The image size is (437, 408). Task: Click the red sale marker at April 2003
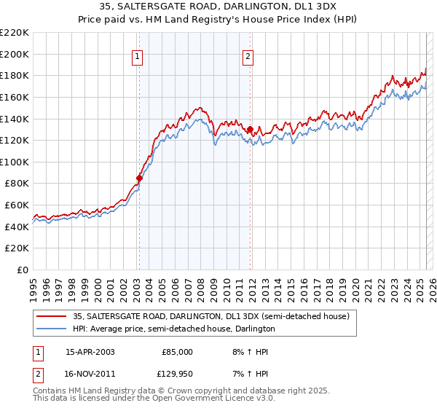[139, 177]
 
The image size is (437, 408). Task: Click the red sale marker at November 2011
[250, 130]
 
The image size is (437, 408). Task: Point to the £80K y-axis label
[17, 184]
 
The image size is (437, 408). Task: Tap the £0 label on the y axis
[23, 270]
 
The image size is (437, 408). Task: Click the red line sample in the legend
[52, 316]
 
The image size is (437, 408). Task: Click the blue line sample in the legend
[52, 329]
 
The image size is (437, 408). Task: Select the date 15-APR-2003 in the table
[90, 352]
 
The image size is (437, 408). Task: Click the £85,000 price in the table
[176, 352]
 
